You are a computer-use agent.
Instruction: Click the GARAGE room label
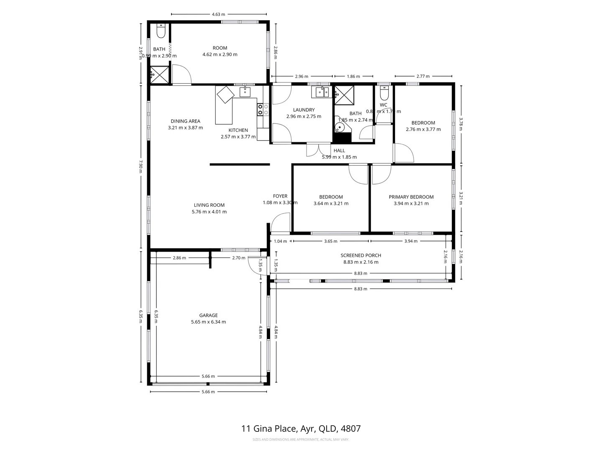click(208, 315)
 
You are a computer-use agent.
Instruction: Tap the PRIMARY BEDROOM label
click(411, 197)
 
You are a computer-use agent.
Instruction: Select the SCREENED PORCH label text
click(361, 255)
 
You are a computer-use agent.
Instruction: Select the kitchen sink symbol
click(245, 92)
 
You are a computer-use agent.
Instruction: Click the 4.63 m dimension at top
click(218, 14)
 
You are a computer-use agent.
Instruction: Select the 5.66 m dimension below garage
click(208, 392)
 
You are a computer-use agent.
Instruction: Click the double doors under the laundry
click(318, 150)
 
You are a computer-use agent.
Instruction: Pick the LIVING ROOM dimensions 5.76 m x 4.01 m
click(209, 212)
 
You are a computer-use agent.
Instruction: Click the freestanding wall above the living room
click(240, 164)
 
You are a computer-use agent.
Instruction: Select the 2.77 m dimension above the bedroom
click(423, 77)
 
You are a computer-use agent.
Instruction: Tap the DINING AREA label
click(185, 121)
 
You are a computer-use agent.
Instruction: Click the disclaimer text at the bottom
click(301, 439)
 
